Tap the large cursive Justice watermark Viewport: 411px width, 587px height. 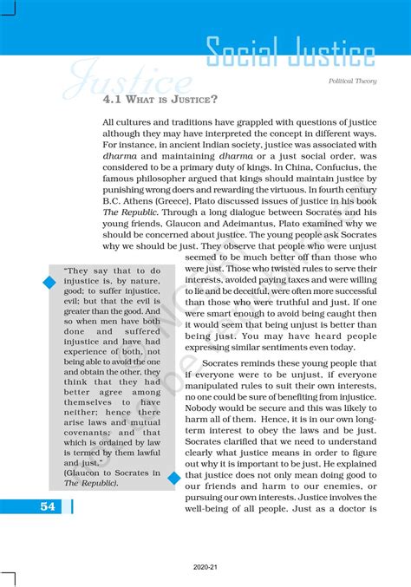coord(130,82)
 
